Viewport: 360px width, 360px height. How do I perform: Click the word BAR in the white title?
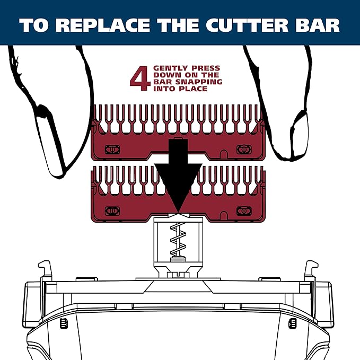[318, 26]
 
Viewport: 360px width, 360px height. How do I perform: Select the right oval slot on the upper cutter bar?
[243, 149]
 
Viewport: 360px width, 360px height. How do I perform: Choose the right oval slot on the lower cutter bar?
[243, 210]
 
